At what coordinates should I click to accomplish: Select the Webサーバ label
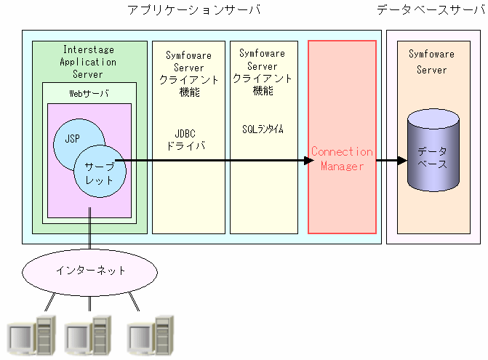(x=89, y=92)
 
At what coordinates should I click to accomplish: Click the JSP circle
(x=73, y=140)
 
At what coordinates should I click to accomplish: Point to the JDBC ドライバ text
(x=185, y=140)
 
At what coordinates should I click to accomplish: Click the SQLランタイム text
(x=263, y=129)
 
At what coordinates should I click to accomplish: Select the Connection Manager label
(x=341, y=159)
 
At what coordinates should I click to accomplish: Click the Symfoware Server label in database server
(x=431, y=62)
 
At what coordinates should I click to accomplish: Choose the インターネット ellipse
(x=91, y=271)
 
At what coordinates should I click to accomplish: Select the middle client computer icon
(x=88, y=336)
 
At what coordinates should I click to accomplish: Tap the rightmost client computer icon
(x=151, y=336)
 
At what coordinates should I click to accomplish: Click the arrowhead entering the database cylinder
(x=401, y=161)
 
